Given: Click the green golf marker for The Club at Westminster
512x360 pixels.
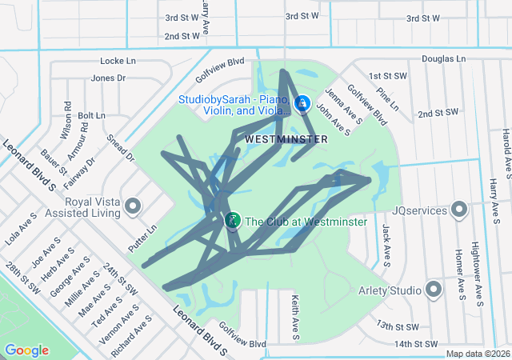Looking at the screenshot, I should pos(233,220).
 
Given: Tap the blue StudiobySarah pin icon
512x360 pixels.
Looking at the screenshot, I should pos(302,103).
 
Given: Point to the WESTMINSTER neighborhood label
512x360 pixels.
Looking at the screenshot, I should pos(286,139).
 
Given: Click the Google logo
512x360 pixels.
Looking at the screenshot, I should pos(27,350).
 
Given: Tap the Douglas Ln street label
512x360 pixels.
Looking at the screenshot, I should pos(444,59).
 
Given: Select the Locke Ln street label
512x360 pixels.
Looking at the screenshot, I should pos(118,61).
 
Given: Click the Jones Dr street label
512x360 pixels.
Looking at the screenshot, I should pos(109,78).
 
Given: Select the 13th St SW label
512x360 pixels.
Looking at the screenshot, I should pos(398,326).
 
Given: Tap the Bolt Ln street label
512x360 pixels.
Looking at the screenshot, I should pos(91,116).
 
